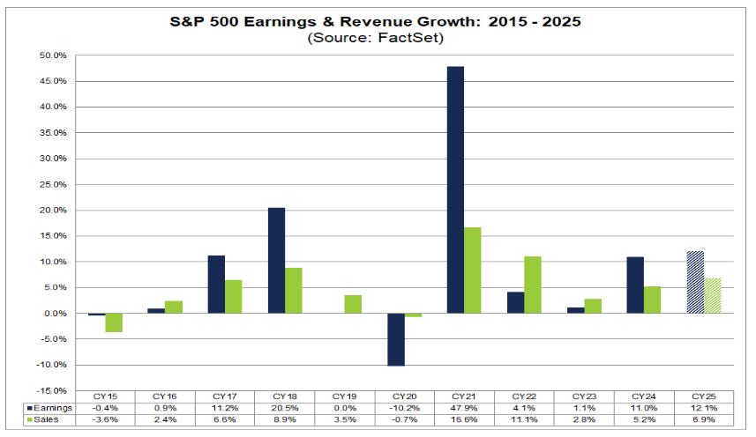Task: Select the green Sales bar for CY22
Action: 532,285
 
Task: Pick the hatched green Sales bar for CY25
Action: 713,295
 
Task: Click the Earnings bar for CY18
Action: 275,260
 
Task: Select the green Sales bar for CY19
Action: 352,304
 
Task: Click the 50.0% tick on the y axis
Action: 53,56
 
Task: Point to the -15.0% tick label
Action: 52,391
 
